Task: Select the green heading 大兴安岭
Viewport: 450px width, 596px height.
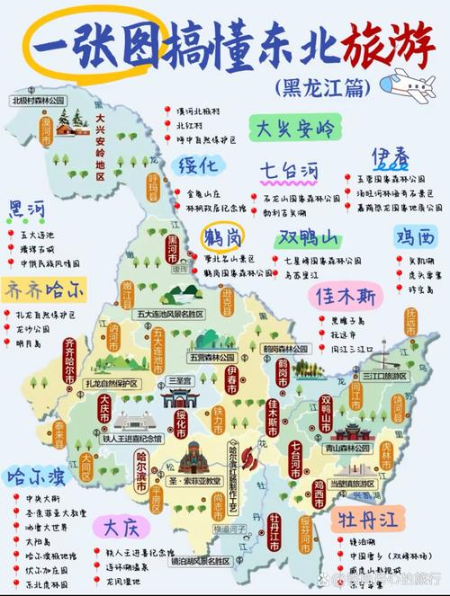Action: pos(296,129)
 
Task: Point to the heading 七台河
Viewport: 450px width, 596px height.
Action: pos(289,170)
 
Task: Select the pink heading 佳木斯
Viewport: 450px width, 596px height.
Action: pos(345,295)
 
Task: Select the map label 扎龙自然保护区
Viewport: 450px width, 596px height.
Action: pos(112,383)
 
